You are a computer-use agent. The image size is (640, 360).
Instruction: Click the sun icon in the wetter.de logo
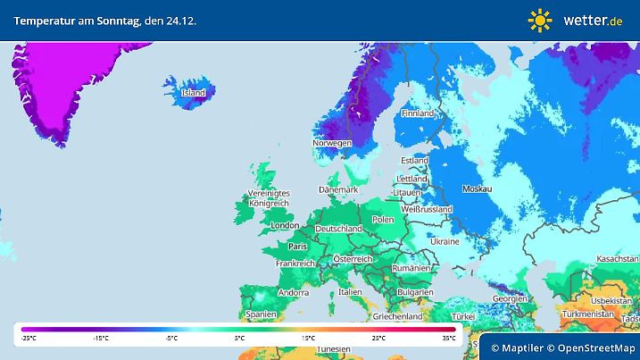click(x=540, y=19)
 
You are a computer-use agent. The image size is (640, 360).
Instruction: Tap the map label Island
click(x=194, y=93)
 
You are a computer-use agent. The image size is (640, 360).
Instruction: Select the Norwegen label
click(x=332, y=143)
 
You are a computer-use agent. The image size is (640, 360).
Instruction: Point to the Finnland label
click(x=418, y=114)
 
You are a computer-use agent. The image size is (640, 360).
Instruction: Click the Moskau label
click(x=477, y=189)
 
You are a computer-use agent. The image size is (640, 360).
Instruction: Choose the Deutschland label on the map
click(x=339, y=229)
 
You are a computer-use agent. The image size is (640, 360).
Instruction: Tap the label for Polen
click(x=383, y=220)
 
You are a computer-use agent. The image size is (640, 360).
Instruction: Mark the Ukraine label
click(x=445, y=242)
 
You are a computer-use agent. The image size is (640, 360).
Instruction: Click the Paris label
click(x=298, y=247)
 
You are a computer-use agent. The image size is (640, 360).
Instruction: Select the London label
click(x=284, y=226)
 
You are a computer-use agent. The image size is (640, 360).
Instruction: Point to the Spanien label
click(x=262, y=314)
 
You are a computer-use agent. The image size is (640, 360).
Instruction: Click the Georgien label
click(x=510, y=298)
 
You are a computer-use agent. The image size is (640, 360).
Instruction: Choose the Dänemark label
click(x=339, y=190)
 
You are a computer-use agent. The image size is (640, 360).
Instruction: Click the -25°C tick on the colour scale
click(x=29, y=339)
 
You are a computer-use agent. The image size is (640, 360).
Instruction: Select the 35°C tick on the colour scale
click(x=449, y=339)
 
